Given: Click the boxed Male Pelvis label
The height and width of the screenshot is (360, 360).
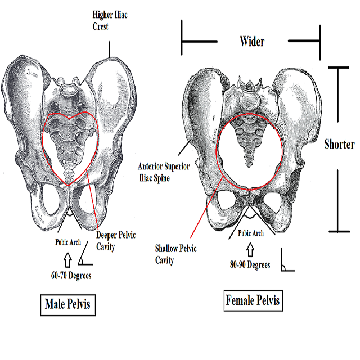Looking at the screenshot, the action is (x=68, y=305).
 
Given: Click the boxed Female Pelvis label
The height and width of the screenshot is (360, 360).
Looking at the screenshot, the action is (x=253, y=300).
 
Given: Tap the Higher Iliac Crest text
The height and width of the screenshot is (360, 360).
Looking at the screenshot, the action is (x=111, y=20).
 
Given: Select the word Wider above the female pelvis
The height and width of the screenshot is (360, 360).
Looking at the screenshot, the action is (x=252, y=41).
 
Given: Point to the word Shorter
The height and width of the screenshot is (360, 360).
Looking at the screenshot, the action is (x=340, y=144).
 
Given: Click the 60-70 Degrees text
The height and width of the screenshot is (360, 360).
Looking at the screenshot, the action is (x=71, y=276).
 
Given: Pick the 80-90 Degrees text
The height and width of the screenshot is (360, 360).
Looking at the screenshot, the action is (x=249, y=265).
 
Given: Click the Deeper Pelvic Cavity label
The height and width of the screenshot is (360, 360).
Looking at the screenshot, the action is (x=116, y=240).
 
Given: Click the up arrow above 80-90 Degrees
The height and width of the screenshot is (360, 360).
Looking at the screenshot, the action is (x=249, y=249).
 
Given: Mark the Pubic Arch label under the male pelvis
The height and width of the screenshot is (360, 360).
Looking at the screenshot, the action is (x=67, y=243).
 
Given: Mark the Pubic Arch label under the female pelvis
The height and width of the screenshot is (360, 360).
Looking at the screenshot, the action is (x=250, y=233).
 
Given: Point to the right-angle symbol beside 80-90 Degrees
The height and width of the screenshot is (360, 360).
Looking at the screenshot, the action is (x=287, y=264).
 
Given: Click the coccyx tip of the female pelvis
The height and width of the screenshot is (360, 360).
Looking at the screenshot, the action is (x=248, y=164).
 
